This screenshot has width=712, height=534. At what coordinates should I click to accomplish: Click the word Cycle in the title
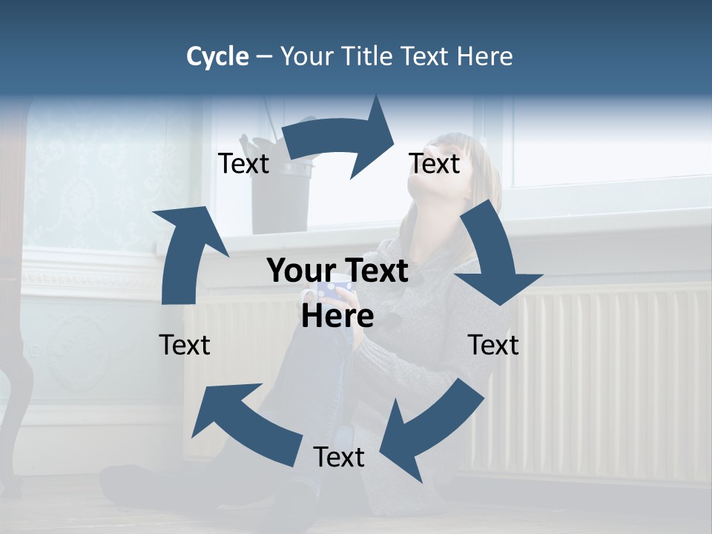click(217, 56)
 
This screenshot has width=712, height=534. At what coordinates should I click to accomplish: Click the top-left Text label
click(243, 164)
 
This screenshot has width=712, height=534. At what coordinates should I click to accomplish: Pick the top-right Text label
click(435, 164)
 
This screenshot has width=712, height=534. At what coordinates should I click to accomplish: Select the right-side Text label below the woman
click(493, 345)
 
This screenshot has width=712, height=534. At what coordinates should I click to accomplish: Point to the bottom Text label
click(339, 458)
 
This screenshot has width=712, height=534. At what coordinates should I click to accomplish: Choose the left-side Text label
click(185, 345)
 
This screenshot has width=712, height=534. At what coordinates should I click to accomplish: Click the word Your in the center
click(302, 271)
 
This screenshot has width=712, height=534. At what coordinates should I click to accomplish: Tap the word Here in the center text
click(337, 317)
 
